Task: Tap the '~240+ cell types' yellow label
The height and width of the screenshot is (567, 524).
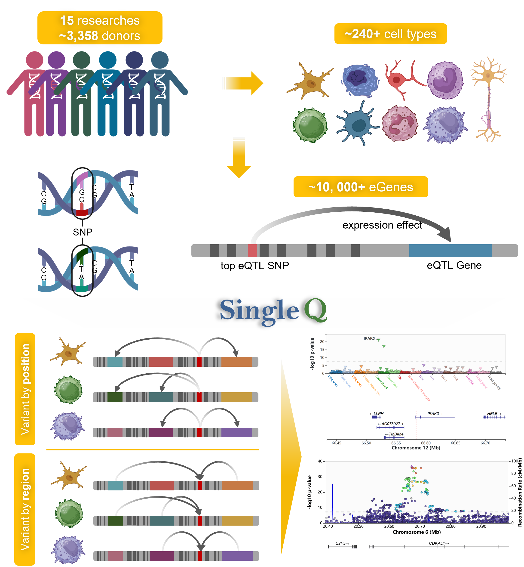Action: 390,34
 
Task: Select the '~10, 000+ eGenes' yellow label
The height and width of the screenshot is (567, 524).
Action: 360,187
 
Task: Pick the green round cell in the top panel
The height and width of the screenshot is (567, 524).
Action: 310,125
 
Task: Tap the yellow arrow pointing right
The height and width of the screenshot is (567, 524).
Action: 243,84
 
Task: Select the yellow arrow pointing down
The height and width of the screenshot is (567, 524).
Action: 239,158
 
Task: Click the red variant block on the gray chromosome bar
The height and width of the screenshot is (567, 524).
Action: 252,251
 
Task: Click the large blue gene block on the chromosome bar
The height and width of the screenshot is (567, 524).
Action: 450,251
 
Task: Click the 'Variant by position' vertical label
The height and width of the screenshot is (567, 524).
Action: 25,389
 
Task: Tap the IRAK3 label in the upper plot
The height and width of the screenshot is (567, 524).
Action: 369,338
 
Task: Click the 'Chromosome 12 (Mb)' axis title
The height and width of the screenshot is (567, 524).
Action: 416,448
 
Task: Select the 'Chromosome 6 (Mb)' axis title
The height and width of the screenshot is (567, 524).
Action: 416,532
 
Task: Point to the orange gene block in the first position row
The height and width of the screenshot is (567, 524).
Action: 236,362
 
